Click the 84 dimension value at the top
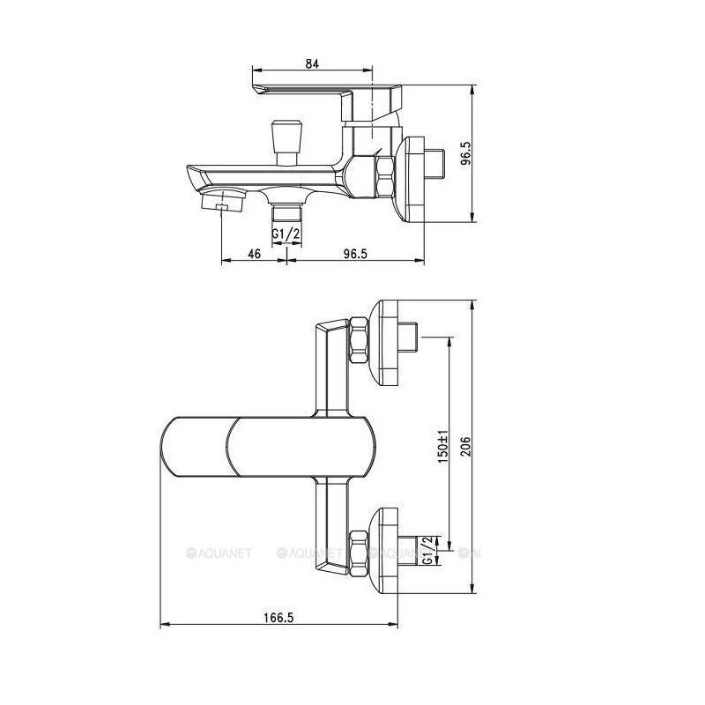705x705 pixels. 312,63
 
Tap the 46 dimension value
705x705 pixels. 255,254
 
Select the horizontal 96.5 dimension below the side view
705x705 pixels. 355,254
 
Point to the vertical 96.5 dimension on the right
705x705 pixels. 466,153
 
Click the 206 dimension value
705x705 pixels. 466,447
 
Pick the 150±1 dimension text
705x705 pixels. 443,447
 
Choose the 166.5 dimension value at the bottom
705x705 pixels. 278,618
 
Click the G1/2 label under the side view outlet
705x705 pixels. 286,234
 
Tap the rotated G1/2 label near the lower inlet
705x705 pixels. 427,550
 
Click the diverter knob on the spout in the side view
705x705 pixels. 286,142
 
